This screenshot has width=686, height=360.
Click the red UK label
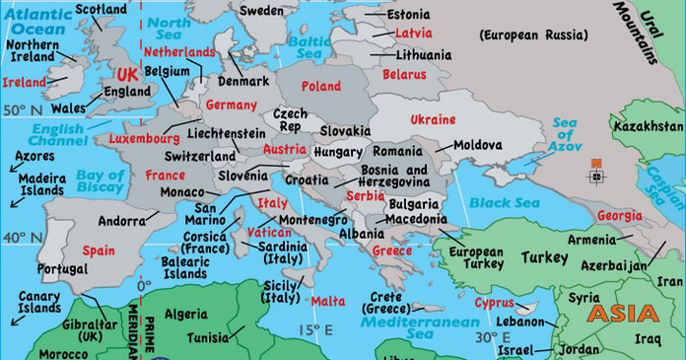(127, 75)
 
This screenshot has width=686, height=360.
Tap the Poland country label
(321, 87)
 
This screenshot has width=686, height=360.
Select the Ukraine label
(432, 119)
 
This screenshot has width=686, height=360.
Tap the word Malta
(328, 302)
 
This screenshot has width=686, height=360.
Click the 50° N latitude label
(22, 110)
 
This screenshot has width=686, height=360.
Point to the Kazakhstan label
(647, 128)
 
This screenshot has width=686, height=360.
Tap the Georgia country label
(619, 216)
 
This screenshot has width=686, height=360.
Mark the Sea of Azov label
(564, 135)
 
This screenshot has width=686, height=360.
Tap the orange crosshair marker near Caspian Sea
(595, 177)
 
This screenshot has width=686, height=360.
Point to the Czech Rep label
(291, 119)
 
